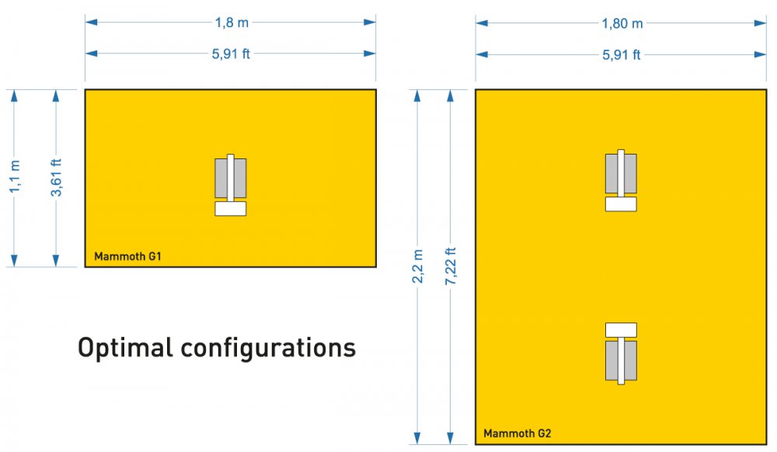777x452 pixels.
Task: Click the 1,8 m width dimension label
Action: (x=232, y=23)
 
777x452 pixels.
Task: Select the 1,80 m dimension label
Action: (x=622, y=23)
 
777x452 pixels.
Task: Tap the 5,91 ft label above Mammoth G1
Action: (x=231, y=54)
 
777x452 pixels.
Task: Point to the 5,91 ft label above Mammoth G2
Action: (x=622, y=54)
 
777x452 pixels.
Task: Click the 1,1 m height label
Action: (x=15, y=176)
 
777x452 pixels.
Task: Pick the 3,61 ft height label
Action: (x=56, y=177)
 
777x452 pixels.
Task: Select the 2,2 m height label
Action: (x=418, y=266)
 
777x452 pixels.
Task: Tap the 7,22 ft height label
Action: (x=451, y=266)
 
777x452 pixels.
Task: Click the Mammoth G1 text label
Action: (x=128, y=256)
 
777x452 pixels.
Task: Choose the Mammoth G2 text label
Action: (x=517, y=433)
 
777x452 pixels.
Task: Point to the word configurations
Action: (x=268, y=348)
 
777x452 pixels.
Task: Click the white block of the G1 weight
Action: (x=231, y=208)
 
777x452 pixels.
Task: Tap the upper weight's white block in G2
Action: (x=621, y=204)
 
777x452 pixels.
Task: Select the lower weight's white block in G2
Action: (x=621, y=330)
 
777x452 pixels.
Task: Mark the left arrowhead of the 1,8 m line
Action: (x=91, y=23)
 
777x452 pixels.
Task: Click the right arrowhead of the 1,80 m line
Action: (x=760, y=23)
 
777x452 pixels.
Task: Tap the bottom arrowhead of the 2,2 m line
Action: (x=417, y=438)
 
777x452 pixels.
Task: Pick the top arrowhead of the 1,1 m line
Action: (x=14, y=96)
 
